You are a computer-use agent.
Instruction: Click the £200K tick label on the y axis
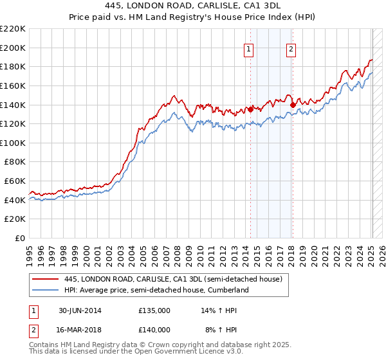[x=13, y=48]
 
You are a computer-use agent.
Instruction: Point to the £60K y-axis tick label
[x=15, y=181]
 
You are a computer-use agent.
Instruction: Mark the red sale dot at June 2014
[x=251, y=109]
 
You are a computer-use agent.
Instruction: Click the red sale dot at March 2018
[x=293, y=104]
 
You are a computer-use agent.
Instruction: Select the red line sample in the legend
[x=46, y=279]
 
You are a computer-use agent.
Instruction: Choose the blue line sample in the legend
[x=46, y=290]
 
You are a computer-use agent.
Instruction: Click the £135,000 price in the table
[x=154, y=310]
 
